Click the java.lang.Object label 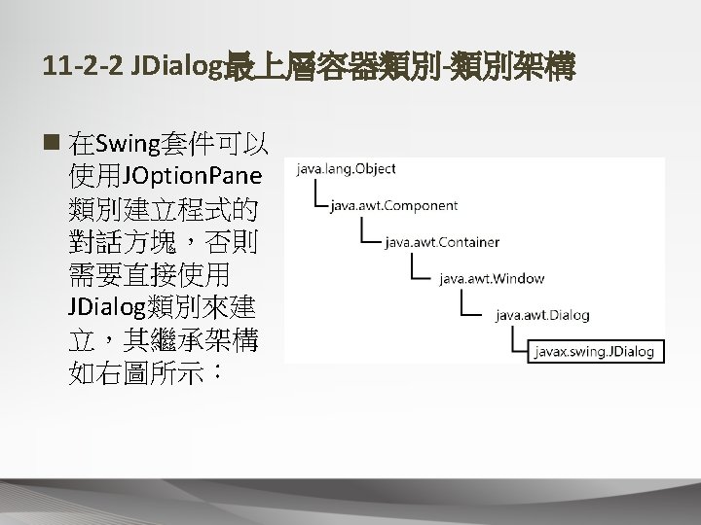[343, 169]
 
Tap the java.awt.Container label [443, 241]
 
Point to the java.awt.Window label [492, 278]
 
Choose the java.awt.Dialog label [542, 315]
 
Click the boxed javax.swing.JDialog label [592, 351]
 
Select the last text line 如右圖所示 [146, 371]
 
